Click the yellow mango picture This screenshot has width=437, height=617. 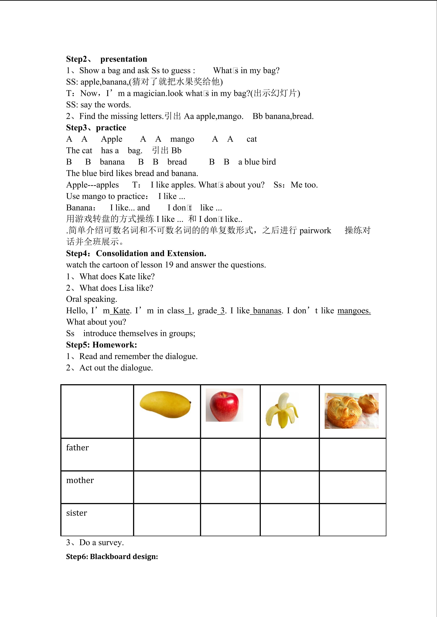(x=165, y=404)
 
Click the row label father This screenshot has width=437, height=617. (x=77, y=448)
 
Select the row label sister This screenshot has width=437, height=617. (x=77, y=513)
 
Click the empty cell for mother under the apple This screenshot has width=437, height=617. (x=230, y=487)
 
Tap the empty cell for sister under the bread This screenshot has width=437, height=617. (x=353, y=520)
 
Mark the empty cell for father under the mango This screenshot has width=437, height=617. (x=167, y=454)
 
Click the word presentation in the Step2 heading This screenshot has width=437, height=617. (x=124, y=59)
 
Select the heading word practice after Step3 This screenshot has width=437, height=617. (x=111, y=128)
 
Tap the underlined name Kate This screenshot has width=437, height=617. (x=121, y=311)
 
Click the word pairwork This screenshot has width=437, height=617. (x=315, y=231)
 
